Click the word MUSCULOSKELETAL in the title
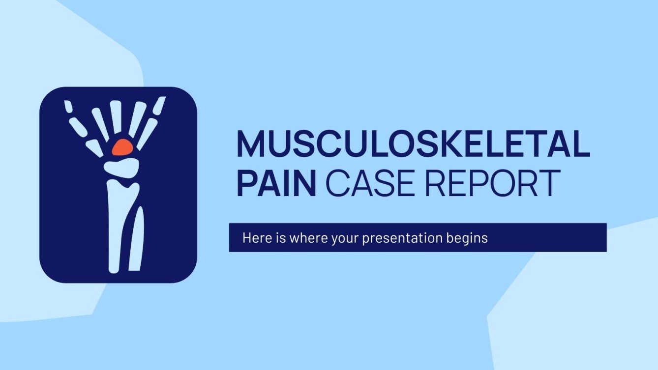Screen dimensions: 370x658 click(413, 143)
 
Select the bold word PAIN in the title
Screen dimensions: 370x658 click(276, 183)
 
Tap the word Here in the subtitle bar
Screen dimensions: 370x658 click(254, 238)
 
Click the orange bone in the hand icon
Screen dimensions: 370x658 click(122, 147)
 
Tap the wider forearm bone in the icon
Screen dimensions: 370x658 click(115, 221)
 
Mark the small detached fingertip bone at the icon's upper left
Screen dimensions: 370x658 click(68, 107)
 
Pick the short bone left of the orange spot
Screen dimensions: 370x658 click(94, 148)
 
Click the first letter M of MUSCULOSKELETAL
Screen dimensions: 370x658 click(251, 143)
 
